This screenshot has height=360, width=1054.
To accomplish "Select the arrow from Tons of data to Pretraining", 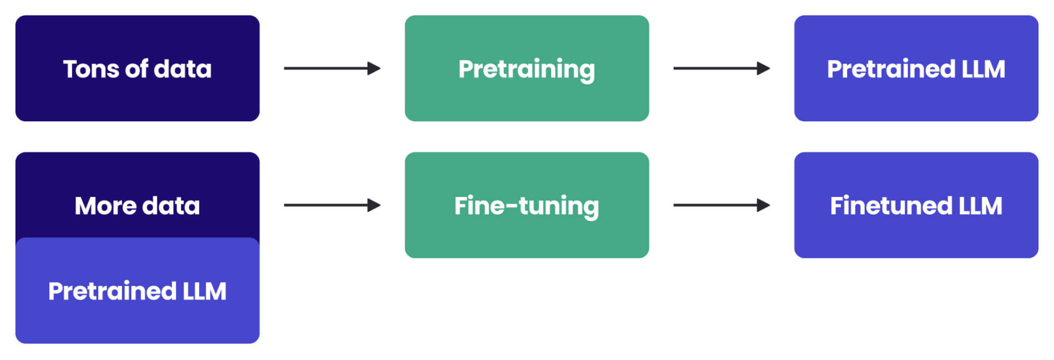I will coord(329,68).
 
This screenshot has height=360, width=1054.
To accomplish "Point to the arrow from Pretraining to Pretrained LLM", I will coord(719,68).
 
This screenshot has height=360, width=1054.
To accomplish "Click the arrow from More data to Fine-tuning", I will coord(329,205).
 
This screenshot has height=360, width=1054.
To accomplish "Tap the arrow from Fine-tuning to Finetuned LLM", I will coord(719,205).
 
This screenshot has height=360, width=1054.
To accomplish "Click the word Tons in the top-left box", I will coord(91,69).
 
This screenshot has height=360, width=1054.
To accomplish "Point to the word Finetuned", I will coord(891,206).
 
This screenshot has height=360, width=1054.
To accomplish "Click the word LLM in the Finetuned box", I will coord(980,206).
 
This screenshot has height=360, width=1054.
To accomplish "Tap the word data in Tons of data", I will coord(182,69).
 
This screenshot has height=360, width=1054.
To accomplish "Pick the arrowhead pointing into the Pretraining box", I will coord(374,68).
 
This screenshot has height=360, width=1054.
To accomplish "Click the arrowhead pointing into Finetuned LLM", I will coord(764,205).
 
